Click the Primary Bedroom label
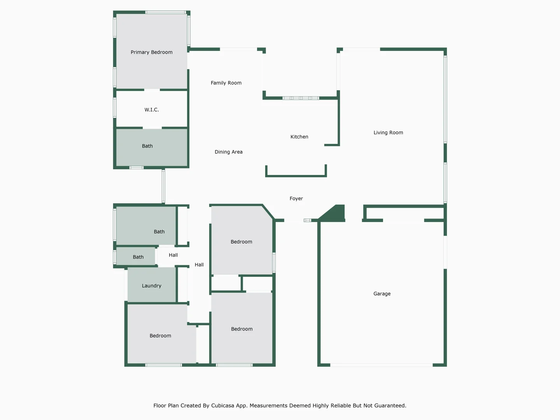tap(151, 52)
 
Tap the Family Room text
tap(226, 83)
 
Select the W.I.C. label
tap(152, 110)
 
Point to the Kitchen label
tap(299, 137)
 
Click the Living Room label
tap(388, 133)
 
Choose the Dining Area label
tap(228, 152)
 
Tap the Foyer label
tap(296, 199)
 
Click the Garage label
tap(382, 294)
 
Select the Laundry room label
tap(151, 286)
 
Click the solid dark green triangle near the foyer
tap(335, 214)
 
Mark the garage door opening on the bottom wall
tap(381, 365)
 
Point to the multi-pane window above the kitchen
tap(301, 98)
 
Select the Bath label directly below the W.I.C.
tap(147, 146)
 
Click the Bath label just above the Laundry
tap(138, 257)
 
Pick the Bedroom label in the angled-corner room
tap(241, 242)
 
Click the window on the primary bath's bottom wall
tap(136, 168)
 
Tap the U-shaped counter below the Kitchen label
tap(296, 175)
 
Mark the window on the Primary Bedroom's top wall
tap(166, 12)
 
